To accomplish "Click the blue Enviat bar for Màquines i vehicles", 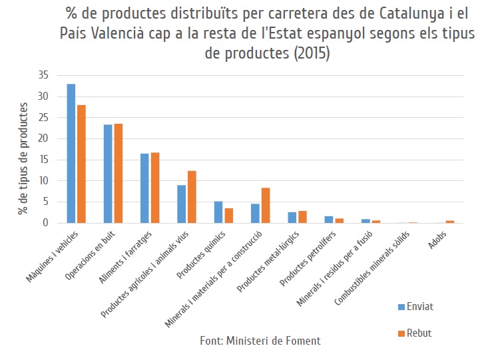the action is (71, 153).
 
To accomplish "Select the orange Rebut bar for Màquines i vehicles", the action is (82, 164).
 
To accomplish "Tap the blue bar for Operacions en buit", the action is (108, 174).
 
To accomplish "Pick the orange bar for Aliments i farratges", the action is (155, 188).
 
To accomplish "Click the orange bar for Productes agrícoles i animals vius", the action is (192, 197).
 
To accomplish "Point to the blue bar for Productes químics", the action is (218, 212).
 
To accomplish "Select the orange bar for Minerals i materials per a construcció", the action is (266, 206).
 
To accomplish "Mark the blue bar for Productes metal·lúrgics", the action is (292, 218).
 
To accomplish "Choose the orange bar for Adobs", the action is (450, 222).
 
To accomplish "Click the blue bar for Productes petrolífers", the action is (329, 220).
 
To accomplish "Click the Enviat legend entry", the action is (415, 307).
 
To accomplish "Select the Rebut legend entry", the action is (415, 333).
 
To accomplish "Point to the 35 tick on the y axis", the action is (43, 75).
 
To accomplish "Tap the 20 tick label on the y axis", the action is (43, 138).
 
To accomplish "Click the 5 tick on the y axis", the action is (45, 202).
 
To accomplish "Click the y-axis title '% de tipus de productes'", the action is (23, 158).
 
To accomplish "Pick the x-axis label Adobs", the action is (437, 240).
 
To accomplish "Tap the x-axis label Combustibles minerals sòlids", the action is (372, 268).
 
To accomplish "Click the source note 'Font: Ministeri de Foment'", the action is (260, 341).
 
